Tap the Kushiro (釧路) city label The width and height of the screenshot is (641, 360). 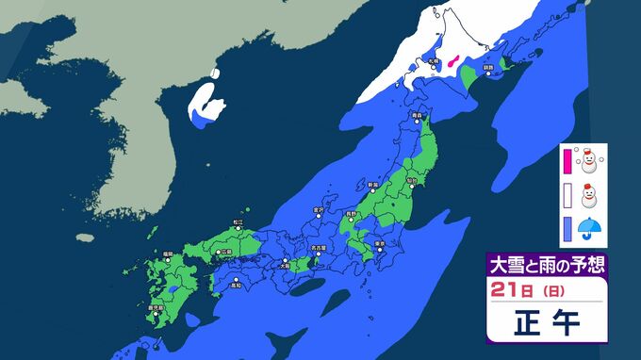(488, 69)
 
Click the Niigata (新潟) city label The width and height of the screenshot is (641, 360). (372, 185)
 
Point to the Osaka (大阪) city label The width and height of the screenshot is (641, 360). (284, 265)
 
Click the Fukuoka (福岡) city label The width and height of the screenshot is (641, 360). (167, 253)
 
